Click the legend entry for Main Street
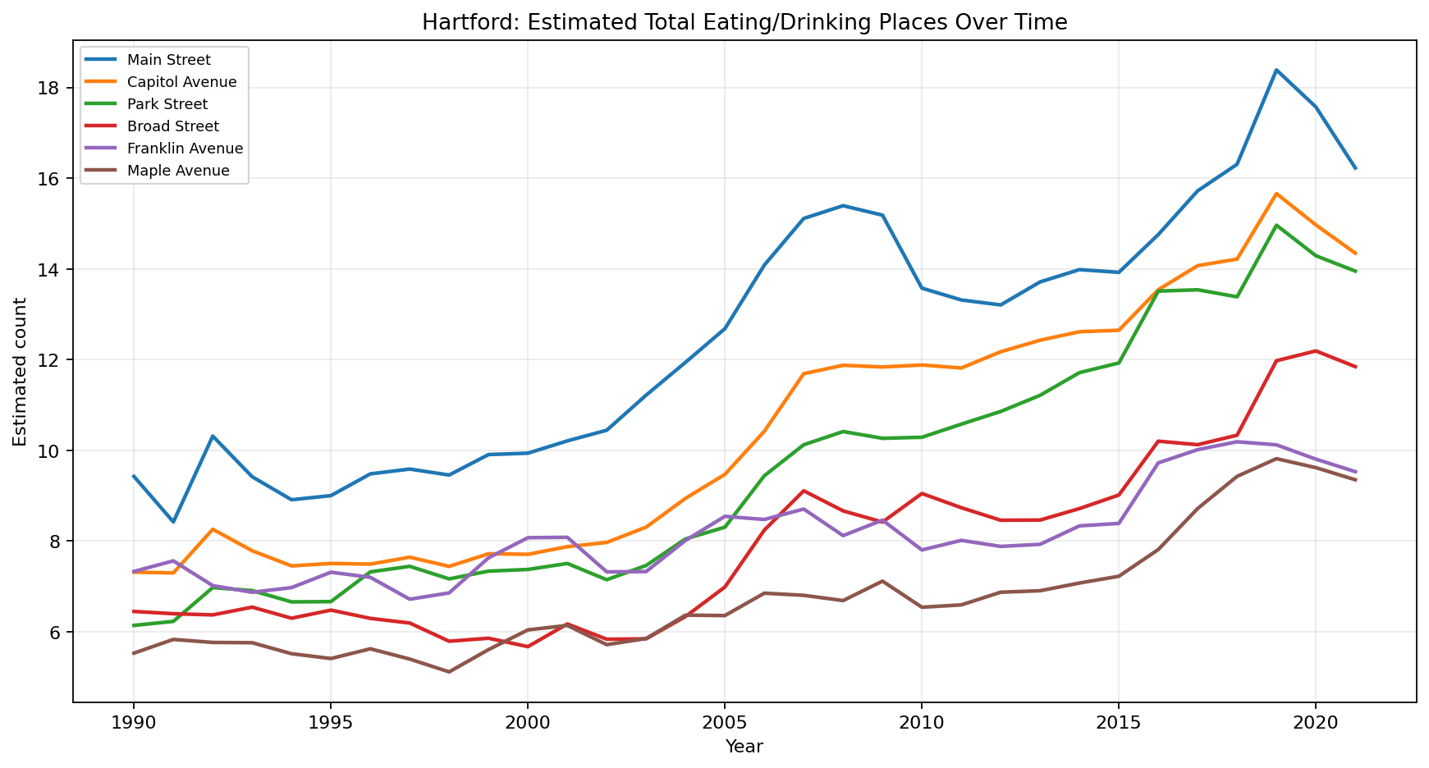pyautogui.click(x=169, y=60)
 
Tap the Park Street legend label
pyautogui.click(x=167, y=104)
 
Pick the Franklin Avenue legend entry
pyautogui.click(x=185, y=149)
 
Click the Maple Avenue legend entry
pyautogui.click(x=178, y=171)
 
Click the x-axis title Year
pyautogui.click(x=744, y=747)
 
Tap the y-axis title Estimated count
pyautogui.click(x=20, y=372)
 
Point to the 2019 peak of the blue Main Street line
pyautogui.click(x=1276, y=70)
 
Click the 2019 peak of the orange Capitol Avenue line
pyautogui.click(x=1276, y=194)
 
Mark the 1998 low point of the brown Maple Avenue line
pyautogui.click(x=449, y=672)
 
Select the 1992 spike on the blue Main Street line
pyautogui.click(x=213, y=436)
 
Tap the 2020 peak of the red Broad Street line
pyautogui.click(x=1316, y=351)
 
